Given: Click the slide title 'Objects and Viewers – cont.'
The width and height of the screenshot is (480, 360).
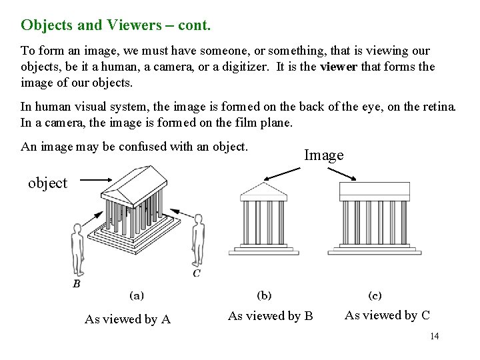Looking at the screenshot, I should tap(115, 25).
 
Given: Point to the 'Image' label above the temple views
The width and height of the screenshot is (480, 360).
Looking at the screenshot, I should tap(323, 155).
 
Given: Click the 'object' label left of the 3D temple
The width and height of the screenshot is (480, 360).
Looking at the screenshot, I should tap(47, 183).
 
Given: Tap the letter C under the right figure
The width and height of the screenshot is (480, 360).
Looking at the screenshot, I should tap(197, 273).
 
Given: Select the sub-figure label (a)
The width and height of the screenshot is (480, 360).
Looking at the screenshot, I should tap(136, 295).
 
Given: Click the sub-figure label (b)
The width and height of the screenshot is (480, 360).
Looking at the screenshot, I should tap(264, 295).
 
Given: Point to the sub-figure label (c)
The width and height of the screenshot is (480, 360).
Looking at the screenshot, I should tap(375, 295).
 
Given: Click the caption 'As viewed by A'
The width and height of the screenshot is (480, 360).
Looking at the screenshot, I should tap(127, 319).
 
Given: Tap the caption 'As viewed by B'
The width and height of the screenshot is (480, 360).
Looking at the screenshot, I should tap(270, 315).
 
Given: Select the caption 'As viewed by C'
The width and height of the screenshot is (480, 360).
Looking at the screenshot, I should tap(387, 315).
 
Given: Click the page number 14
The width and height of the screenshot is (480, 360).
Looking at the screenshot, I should tap(434, 336).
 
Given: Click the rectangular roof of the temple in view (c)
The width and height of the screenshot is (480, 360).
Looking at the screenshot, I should tap(375, 191).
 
